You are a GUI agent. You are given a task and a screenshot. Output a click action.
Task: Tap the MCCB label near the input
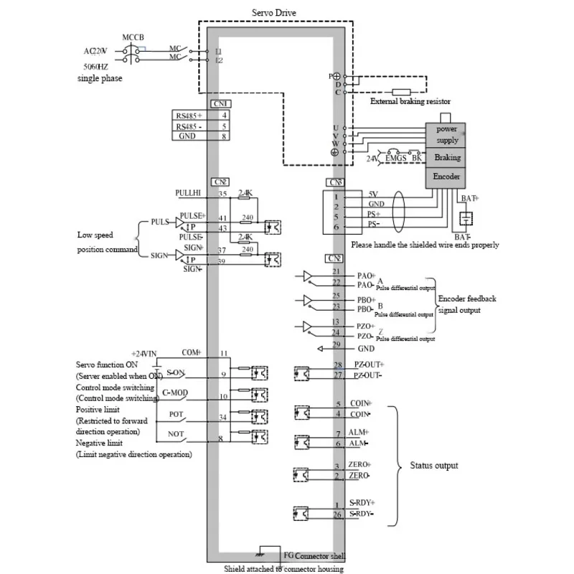coord(133,37)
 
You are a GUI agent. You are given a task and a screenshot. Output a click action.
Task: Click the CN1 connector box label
coord(221,103)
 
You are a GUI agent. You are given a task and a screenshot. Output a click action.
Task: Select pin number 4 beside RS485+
coord(225,115)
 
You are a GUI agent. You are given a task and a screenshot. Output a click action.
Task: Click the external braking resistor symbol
coord(401,92)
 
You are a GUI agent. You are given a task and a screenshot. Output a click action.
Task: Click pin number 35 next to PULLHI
coord(222,194)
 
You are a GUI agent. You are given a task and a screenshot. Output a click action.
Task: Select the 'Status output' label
coord(433,466)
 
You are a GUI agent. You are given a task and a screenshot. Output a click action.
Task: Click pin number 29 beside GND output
coord(336,346)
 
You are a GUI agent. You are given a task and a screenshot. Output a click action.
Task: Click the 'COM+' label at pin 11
coord(192,352)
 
